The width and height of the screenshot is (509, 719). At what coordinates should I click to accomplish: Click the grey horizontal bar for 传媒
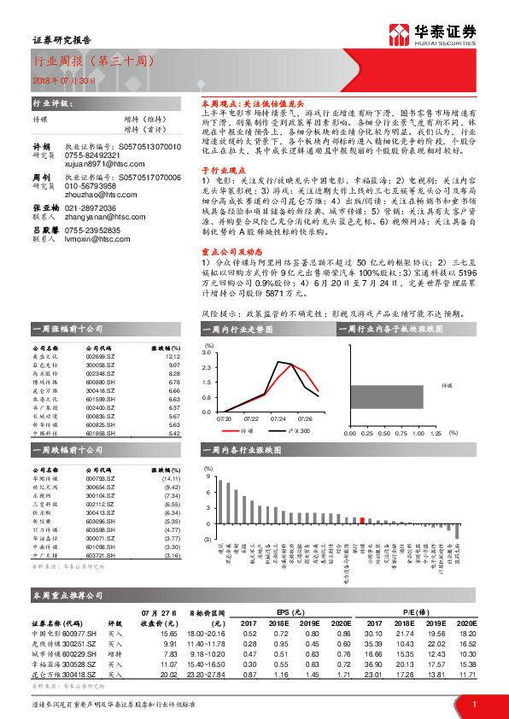385,397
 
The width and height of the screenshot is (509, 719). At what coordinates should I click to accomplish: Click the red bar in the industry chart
362,519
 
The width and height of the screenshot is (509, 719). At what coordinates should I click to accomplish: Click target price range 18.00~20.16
207,633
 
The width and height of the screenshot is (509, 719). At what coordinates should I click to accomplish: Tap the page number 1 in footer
474,703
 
